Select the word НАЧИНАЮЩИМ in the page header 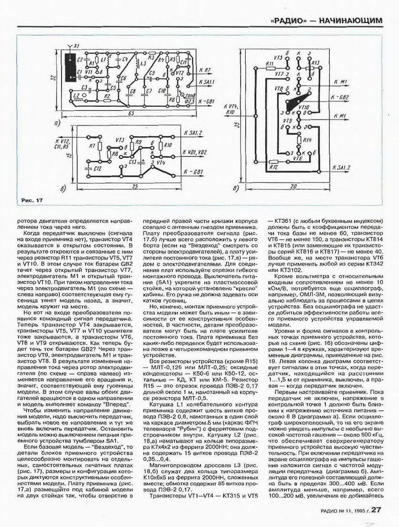tap(350, 20)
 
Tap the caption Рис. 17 tap(31, 200)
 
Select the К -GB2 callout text tap(340, 97)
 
